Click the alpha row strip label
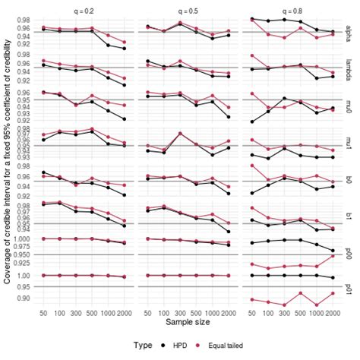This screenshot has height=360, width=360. [x=352, y=32]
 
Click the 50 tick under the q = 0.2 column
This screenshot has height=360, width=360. [x=44, y=312]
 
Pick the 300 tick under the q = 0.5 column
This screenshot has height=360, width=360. [x=180, y=312]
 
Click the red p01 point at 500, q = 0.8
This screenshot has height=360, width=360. [x=300, y=293]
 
